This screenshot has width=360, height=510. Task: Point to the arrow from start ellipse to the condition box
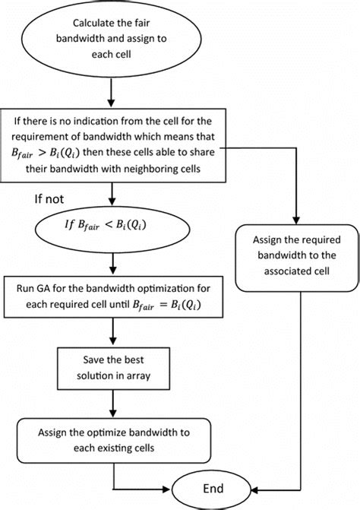(112, 94)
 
